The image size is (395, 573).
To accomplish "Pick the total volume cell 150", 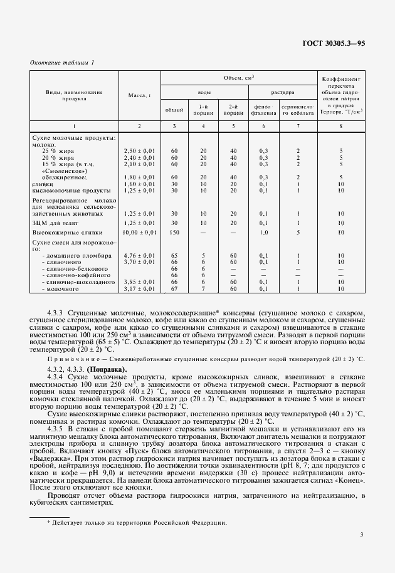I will pyautogui.click(x=174, y=233).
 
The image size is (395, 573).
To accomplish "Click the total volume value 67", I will pyautogui.click(x=174, y=289).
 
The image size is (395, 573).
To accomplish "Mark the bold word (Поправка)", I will pyautogui.click(x=103, y=369).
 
